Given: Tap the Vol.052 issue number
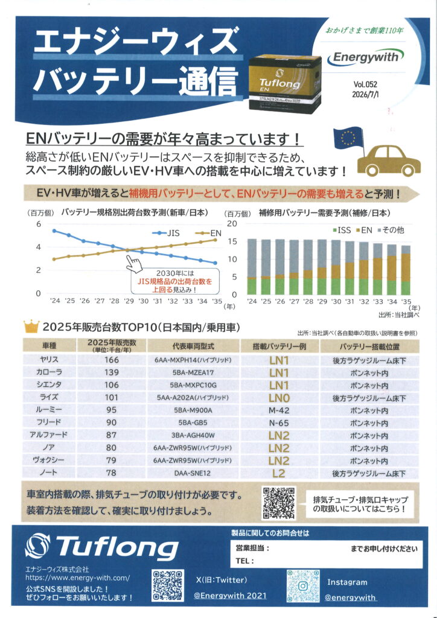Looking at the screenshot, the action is (365, 84).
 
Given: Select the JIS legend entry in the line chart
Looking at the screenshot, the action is (167, 233).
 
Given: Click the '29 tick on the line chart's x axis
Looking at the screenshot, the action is (129, 301).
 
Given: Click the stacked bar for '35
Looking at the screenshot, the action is (406, 270).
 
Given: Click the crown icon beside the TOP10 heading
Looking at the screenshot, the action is (31, 327).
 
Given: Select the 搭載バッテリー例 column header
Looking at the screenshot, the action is (279, 346).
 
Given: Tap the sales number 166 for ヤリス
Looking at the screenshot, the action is (112, 360).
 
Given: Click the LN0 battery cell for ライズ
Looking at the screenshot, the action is (279, 398).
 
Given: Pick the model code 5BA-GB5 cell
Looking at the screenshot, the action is (194, 423).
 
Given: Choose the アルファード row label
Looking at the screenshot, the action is (48, 435).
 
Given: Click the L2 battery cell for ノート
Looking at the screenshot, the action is (279, 473).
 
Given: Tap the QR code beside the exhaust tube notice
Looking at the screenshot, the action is (279, 503).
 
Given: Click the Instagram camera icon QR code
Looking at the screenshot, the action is (302, 585).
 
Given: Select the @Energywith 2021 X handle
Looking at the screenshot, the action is (230, 596).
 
